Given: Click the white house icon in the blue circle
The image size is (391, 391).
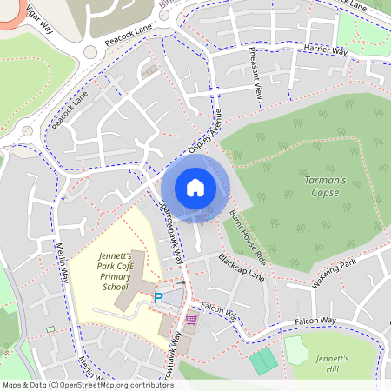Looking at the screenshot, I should point(195,187).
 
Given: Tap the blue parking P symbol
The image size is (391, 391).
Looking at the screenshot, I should point(158,298).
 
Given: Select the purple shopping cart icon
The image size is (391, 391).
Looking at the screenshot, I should point(190,321).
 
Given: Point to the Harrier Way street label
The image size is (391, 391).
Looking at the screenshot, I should point(326,50).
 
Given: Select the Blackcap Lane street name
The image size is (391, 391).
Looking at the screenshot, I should point(241,267).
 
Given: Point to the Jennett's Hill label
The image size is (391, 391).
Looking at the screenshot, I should point(332,364).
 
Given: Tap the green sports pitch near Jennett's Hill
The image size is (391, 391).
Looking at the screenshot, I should point(264,361).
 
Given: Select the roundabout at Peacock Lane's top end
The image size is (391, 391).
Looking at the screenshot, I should point(89,51).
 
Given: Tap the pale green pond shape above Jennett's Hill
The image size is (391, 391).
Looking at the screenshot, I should point(296,349).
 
